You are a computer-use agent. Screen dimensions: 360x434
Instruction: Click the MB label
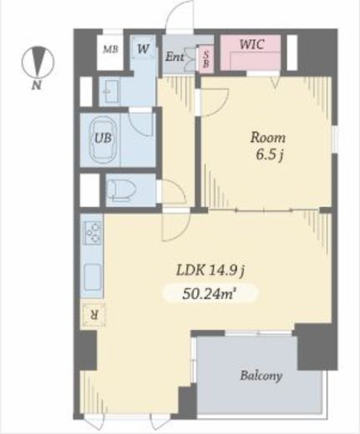pyautogui.click(x=110, y=49)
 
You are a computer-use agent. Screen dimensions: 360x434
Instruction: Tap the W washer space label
pyautogui.click(x=143, y=49)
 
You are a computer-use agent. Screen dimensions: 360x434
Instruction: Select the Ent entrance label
pyautogui.click(x=175, y=57)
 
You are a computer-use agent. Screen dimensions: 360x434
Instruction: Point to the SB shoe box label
pyautogui.click(x=206, y=59)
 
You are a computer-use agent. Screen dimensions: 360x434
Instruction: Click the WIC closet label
pyautogui.click(x=251, y=44)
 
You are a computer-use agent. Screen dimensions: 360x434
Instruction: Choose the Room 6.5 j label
pyautogui.click(x=268, y=146)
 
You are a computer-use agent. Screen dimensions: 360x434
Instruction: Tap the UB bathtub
pyautogui.click(x=103, y=140)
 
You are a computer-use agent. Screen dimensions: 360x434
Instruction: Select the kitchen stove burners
pyautogui.click(x=93, y=233)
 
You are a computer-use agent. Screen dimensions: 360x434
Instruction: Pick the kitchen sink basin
pyautogui.click(x=93, y=277)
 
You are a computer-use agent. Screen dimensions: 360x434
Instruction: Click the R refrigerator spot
pyautogui.click(x=94, y=315)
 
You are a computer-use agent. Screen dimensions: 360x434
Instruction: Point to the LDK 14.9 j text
pyautogui.click(x=210, y=270)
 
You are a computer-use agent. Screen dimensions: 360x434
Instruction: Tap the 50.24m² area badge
pyautogui.click(x=209, y=293)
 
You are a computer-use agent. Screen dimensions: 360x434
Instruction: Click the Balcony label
pyautogui.click(x=261, y=376)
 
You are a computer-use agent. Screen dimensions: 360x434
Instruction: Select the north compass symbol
pyautogui.click(x=38, y=62)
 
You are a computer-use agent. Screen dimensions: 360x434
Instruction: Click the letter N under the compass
pyautogui.click(x=37, y=85)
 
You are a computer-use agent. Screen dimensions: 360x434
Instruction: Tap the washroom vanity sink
pyautogui.click(x=110, y=92)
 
